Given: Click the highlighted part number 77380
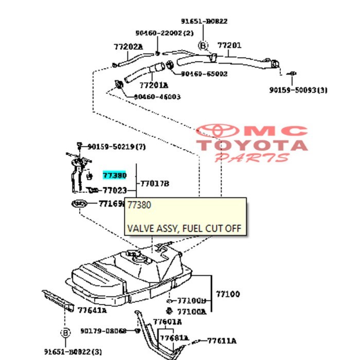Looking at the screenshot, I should click(x=115, y=175).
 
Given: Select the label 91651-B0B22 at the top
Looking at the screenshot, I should click(x=204, y=22).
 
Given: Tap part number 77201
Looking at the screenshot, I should click(x=229, y=46).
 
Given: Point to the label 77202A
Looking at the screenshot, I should click(x=128, y=47).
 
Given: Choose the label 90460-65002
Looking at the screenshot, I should click(x=204, y=74).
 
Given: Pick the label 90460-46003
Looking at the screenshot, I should click(x=157, y=97).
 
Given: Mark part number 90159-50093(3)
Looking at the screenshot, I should click(x=298, y=91).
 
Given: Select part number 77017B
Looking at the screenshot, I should click(x=155, y=183).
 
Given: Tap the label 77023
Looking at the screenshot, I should click(x=115, y=190).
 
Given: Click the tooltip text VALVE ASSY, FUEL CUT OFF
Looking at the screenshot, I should click(x=184, y=228).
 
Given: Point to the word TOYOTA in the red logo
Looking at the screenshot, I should click(x=252, y=145).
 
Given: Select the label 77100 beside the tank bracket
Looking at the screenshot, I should click(x=227, y=295).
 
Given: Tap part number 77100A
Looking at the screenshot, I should click(x=191, y=312).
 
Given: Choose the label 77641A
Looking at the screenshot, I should click(x=92, y=310).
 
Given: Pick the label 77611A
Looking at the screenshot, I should click(x=222, y=340).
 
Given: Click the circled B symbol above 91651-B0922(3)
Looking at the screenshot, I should click(x=65, y=333).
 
